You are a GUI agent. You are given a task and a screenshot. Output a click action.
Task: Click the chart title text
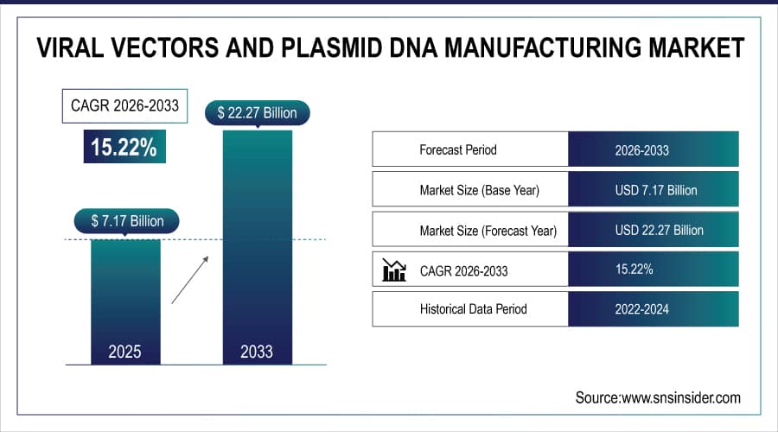389,47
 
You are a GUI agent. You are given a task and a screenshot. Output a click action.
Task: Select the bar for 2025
126,294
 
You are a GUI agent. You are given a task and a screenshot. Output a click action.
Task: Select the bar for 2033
257,242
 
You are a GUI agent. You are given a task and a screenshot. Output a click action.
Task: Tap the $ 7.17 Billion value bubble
127,221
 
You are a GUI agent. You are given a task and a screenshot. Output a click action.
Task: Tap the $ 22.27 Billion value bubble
257,112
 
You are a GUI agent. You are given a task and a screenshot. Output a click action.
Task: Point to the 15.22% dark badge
125,147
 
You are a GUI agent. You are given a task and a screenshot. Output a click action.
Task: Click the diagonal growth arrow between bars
190,279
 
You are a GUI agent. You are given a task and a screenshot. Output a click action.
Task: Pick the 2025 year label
126,352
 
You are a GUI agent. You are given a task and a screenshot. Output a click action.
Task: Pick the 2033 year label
257,352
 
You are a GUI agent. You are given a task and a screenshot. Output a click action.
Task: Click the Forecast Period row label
459,149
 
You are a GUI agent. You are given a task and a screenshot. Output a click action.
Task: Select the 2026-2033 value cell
653,149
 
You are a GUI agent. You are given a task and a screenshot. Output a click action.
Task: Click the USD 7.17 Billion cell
653,190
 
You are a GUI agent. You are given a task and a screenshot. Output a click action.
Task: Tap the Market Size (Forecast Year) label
488,230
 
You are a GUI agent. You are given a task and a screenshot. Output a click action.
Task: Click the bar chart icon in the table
394,270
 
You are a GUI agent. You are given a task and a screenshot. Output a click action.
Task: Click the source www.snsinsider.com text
658,397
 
